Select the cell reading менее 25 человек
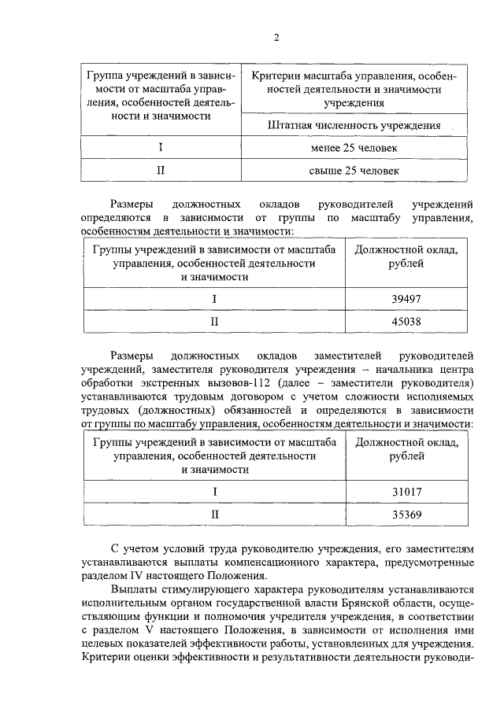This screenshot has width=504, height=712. [x=354, y=148]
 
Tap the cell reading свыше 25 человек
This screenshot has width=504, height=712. [x=354, y=169]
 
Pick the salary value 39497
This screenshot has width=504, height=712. [x=407, y=299]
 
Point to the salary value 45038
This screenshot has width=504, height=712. [x=407, y=321]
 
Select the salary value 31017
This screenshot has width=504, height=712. [x=407, y=492]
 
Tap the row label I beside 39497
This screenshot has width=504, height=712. [x=213, y=299]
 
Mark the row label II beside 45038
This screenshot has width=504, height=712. [x=213, y=321]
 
